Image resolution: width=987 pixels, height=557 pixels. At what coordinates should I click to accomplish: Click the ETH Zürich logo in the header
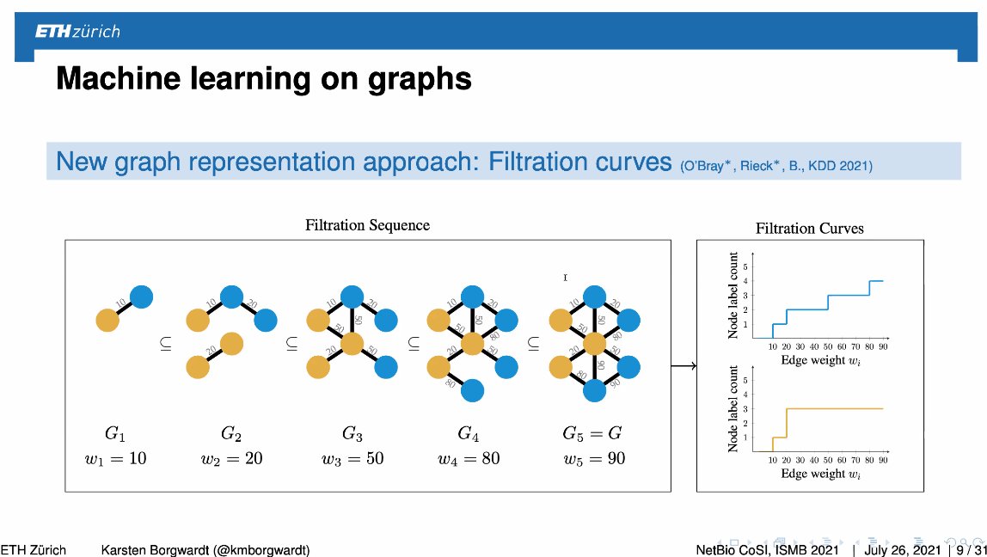pos(77,32)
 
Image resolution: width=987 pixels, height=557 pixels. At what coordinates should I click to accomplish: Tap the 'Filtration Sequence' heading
pos(367,225)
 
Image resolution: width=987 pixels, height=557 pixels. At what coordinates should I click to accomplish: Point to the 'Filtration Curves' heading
pos(809,229)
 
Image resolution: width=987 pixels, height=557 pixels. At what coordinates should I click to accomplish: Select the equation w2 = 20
pos(232,458)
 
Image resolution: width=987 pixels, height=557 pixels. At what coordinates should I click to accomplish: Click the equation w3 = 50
pos(352,458)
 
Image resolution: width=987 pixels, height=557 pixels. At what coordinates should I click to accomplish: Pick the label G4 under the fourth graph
pos(472,432)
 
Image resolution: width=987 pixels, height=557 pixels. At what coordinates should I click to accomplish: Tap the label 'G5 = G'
pos(593,432)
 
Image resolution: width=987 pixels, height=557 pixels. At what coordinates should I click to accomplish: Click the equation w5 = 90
pos(594,458)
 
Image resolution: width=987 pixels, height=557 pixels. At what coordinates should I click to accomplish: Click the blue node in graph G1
pos(142,297)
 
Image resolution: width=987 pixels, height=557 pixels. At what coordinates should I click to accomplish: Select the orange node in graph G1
pos(107,321)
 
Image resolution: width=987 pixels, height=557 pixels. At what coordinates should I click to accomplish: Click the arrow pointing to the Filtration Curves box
pos(683,367)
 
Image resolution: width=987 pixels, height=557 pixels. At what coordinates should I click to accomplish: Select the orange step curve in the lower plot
pos(834,408)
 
